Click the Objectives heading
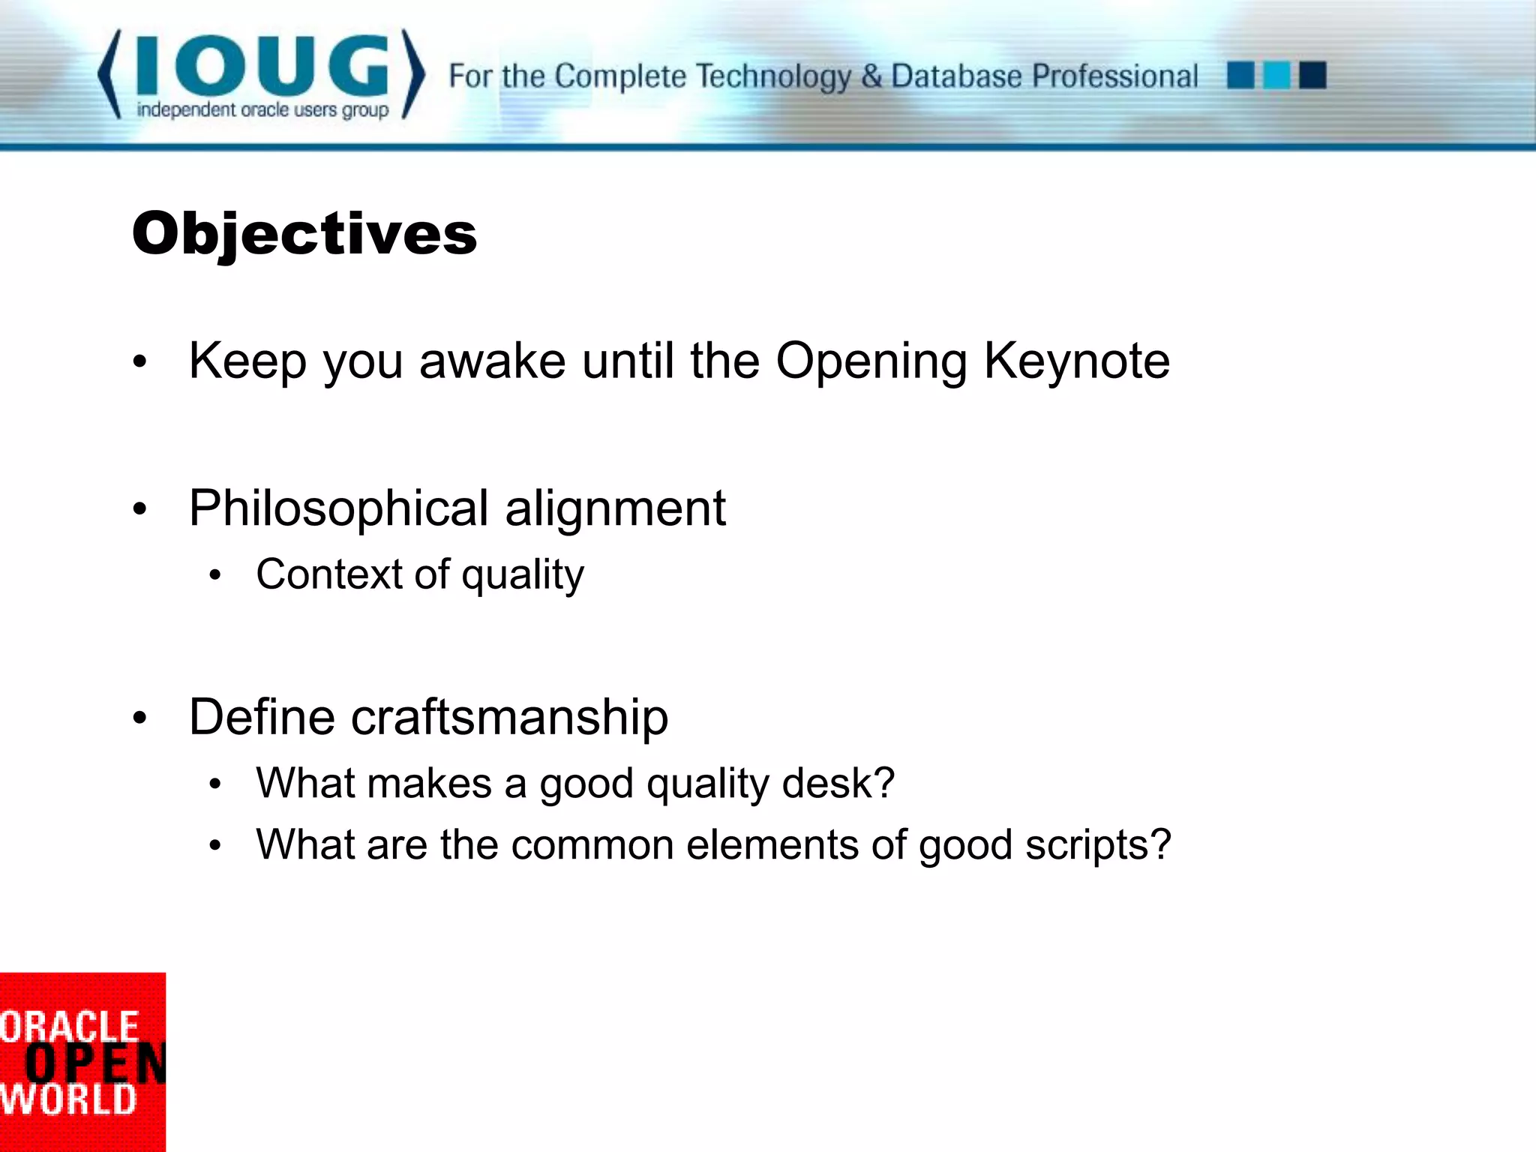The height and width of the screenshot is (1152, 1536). [304, 234]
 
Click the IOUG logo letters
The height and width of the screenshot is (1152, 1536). [262, 66]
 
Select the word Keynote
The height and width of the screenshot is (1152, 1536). [1076, 361]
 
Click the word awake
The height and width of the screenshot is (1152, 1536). [492, 361]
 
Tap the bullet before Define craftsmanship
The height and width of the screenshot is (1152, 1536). [139, 718]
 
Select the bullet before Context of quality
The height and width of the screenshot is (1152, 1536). [216, 576]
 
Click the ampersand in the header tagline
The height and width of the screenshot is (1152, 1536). [871, 76]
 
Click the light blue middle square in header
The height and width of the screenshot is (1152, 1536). [1276, 76]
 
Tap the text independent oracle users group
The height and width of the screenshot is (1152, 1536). [262, 110]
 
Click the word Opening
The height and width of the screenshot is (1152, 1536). [871, 361]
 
